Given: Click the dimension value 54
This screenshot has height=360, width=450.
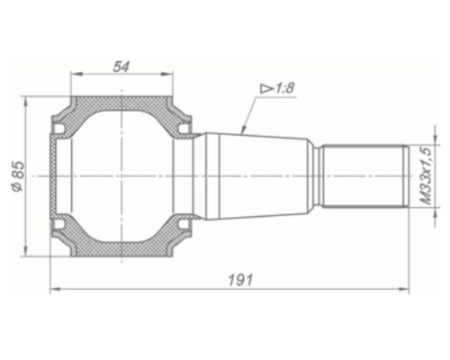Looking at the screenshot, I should tap(121, 66).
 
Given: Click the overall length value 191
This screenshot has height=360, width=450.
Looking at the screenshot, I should tap(239, 280).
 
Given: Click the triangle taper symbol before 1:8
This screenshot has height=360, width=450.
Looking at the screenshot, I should tap(267, 88).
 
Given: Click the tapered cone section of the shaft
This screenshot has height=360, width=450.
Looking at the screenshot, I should tap(256, 176).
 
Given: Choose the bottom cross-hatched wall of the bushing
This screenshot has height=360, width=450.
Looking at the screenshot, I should tap(121, 249).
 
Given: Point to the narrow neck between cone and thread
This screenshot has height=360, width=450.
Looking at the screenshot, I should tap(316, 176).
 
